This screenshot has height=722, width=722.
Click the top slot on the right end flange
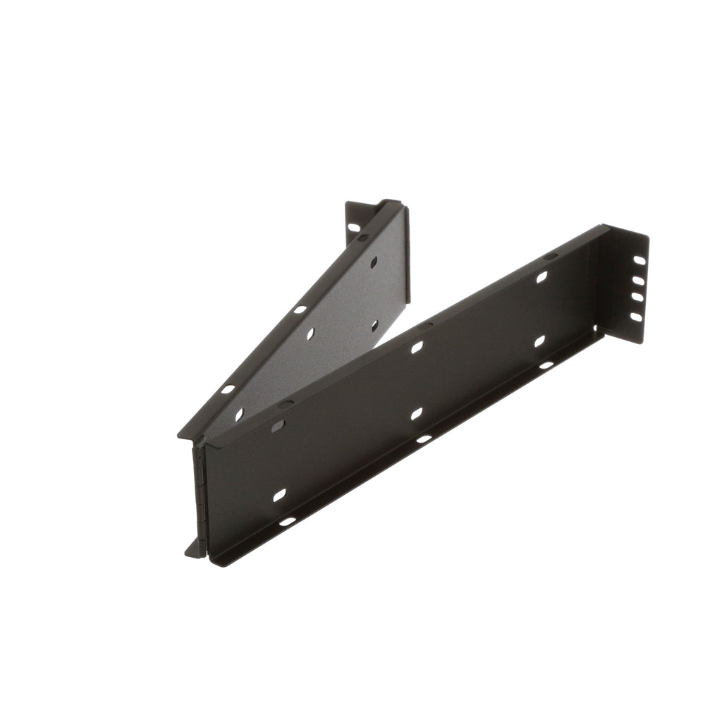pos(639,260)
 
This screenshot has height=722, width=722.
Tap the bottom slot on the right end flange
pos(636,317)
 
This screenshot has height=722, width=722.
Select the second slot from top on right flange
pos(638,281)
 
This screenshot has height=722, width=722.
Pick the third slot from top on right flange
pos(637,298)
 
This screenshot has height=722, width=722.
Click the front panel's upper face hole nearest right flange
pos(541,278)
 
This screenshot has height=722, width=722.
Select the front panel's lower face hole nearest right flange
pos(539,341)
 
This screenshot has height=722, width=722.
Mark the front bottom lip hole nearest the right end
pos(546,365)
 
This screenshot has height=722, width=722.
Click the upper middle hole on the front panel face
pos(417,347)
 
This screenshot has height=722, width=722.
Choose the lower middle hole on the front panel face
pos(417,413)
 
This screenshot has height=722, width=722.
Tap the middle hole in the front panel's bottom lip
pos(424,439)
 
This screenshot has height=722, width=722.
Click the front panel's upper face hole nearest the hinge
pos(279,426)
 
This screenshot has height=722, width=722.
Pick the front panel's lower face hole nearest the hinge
pos(280,496)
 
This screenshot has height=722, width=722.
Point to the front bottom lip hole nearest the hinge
pos(288,522)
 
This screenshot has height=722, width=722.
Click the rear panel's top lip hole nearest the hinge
pos(227,389)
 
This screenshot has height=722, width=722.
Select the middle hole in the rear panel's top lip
pos(300,309)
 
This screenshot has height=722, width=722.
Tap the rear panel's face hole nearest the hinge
pos(239,415)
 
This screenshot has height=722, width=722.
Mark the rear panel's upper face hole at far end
pos(374,262)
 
